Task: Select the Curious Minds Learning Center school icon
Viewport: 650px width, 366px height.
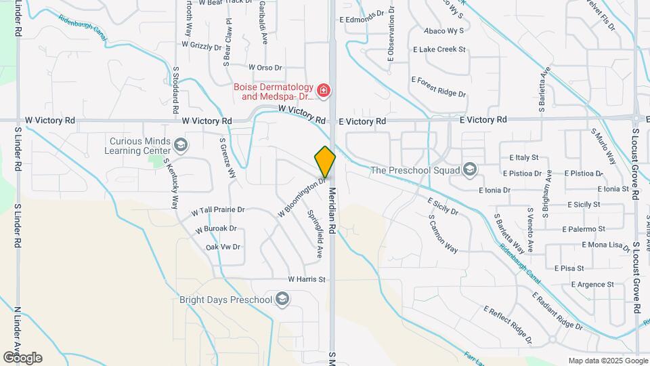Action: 181,144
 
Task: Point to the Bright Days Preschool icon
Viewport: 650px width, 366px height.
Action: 282,299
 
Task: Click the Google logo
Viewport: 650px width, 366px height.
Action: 22,358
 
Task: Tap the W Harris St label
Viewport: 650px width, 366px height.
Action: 307,279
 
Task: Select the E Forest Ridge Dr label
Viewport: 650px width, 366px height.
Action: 438,87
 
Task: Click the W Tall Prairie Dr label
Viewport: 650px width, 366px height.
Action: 217,211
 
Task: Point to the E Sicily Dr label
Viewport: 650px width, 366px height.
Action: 443,207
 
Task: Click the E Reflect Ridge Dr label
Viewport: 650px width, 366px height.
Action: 507,325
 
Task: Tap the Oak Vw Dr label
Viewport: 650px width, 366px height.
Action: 223,247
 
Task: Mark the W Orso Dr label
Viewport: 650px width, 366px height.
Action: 265,68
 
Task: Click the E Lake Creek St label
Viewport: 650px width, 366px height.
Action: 439,49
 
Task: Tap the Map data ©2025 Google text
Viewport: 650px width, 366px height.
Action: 607,361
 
